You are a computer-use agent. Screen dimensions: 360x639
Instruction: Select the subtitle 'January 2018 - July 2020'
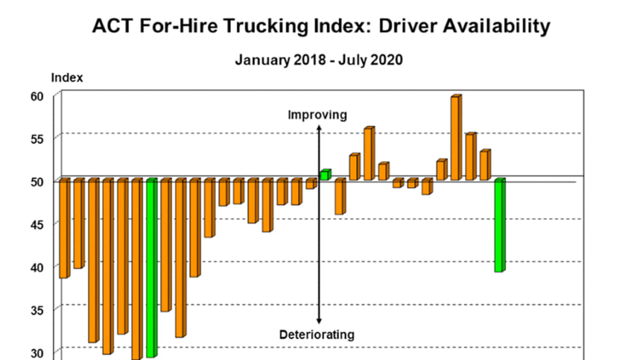(319, 60)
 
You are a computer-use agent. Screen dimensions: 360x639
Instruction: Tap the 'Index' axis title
(67, 78)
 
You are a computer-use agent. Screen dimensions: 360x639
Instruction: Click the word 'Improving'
(318, 115)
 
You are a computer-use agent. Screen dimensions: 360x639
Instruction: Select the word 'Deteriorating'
(317, 335)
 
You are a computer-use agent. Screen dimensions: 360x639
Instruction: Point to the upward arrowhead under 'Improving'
(319, 128)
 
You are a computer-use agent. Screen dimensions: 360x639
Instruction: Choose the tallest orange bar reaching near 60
(456, 138)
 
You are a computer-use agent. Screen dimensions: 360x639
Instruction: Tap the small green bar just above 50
(325, 175)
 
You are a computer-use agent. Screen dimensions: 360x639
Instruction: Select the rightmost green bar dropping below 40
(499, 225)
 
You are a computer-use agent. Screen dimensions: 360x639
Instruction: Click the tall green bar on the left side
(151, 267)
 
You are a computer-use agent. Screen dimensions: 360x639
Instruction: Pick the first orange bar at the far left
(64, 228)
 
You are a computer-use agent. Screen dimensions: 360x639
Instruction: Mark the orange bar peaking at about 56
(368, 154)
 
